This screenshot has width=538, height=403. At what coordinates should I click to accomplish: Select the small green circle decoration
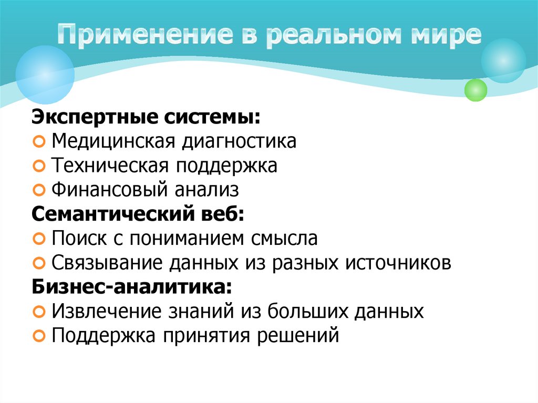(x=476, y=90)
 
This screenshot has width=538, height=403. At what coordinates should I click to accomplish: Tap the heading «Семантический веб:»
(x=138, y=214)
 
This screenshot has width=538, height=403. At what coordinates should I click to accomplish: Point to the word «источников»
(x=398, y=262)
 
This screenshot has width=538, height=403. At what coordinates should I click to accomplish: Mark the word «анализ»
(x=210, y=189)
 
